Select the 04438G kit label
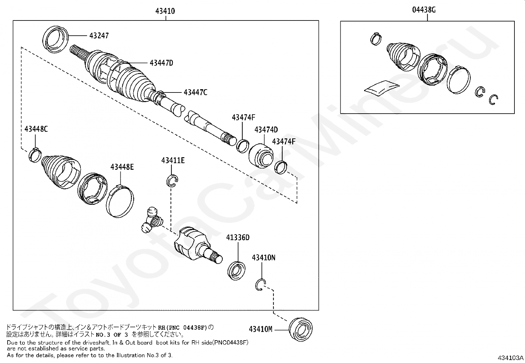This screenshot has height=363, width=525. [424, 10]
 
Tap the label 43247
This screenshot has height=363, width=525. [99, 36]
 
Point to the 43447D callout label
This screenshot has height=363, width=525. [161, 63]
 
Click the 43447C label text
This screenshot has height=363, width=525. [195, 92]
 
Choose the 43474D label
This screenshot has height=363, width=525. [266, 130]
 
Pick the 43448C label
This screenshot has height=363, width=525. [36, 129]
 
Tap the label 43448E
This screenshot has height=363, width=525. [122, 167]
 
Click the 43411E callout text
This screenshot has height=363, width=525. [173, 161]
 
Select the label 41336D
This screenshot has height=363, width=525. [237, 237]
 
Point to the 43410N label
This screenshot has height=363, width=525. [263, 258]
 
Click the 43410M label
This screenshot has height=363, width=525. [261, 329]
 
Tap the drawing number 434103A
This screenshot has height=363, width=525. [510, 358]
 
